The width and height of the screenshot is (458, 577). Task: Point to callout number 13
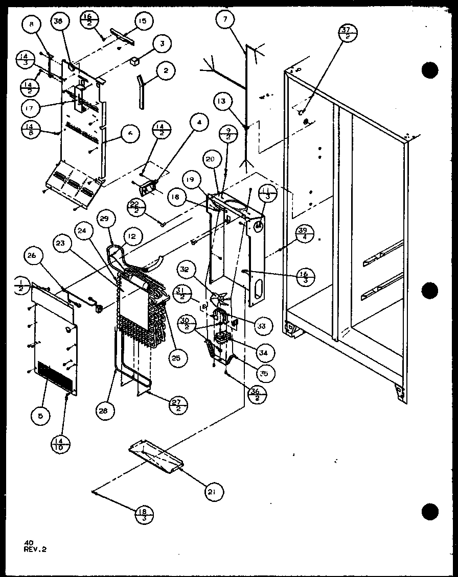point(221,101)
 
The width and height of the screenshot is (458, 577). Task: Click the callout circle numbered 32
point(186,269)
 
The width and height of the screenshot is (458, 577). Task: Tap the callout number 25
point(176,358)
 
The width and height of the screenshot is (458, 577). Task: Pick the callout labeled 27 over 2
point(178,404)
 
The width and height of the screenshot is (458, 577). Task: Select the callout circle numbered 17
point(30,108)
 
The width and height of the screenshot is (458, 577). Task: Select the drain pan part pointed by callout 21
point(154,456)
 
